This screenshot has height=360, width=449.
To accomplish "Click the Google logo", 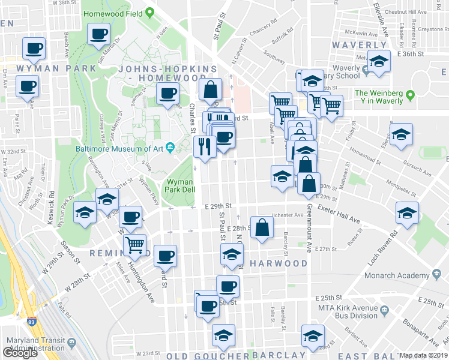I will pyautogui.click(x=20, y=353).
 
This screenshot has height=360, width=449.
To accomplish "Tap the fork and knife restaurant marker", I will pyautogui.click(x=205, y=147).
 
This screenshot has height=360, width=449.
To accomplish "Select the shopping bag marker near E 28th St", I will pyautogui.click(x=262, y=227).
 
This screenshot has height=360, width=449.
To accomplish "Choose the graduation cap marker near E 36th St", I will pyautogui.click(x=378, y=62).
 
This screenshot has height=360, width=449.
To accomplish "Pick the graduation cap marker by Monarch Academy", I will pyautogui.click(x=408, y=214).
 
